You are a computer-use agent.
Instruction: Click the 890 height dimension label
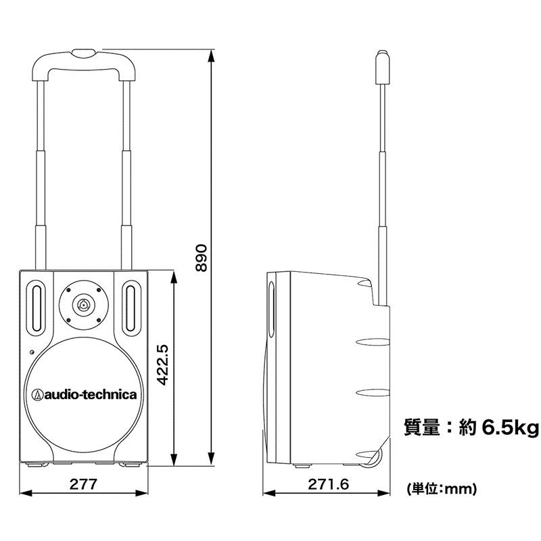click(201, 257)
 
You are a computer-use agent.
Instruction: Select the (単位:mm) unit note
click(442, 488)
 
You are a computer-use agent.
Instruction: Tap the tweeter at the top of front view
click(83, 304)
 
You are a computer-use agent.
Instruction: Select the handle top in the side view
click(383, 65)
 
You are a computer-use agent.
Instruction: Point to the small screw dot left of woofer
click(32, 352)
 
